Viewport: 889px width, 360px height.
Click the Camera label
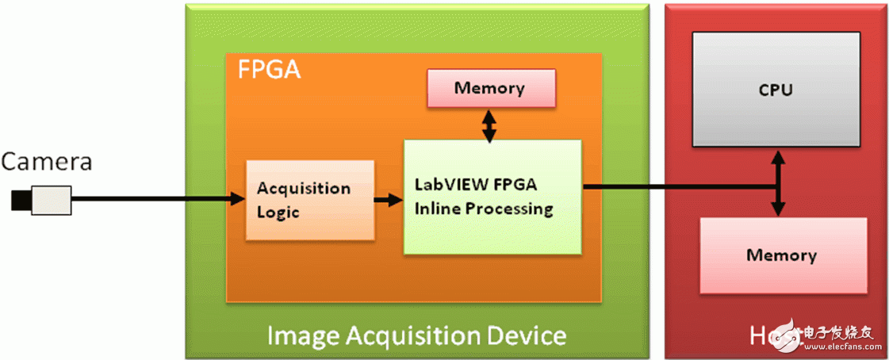click(47, 163)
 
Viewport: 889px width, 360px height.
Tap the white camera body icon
click(52, 199)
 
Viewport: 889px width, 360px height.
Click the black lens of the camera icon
click(21, 200)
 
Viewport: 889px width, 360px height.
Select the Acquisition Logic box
click(310, 201)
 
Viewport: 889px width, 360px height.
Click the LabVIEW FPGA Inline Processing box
click(492, 197)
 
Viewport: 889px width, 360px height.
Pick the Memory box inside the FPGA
click(489, 88)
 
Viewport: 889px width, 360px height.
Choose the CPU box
click(776, 89)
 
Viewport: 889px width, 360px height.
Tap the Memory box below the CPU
click(780, 255)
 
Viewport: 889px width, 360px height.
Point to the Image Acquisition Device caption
click(416, 335)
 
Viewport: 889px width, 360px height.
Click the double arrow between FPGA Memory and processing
click(489, 124)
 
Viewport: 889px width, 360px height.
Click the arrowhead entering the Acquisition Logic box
click(237, 200)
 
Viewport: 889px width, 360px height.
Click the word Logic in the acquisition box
click(278, 213)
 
